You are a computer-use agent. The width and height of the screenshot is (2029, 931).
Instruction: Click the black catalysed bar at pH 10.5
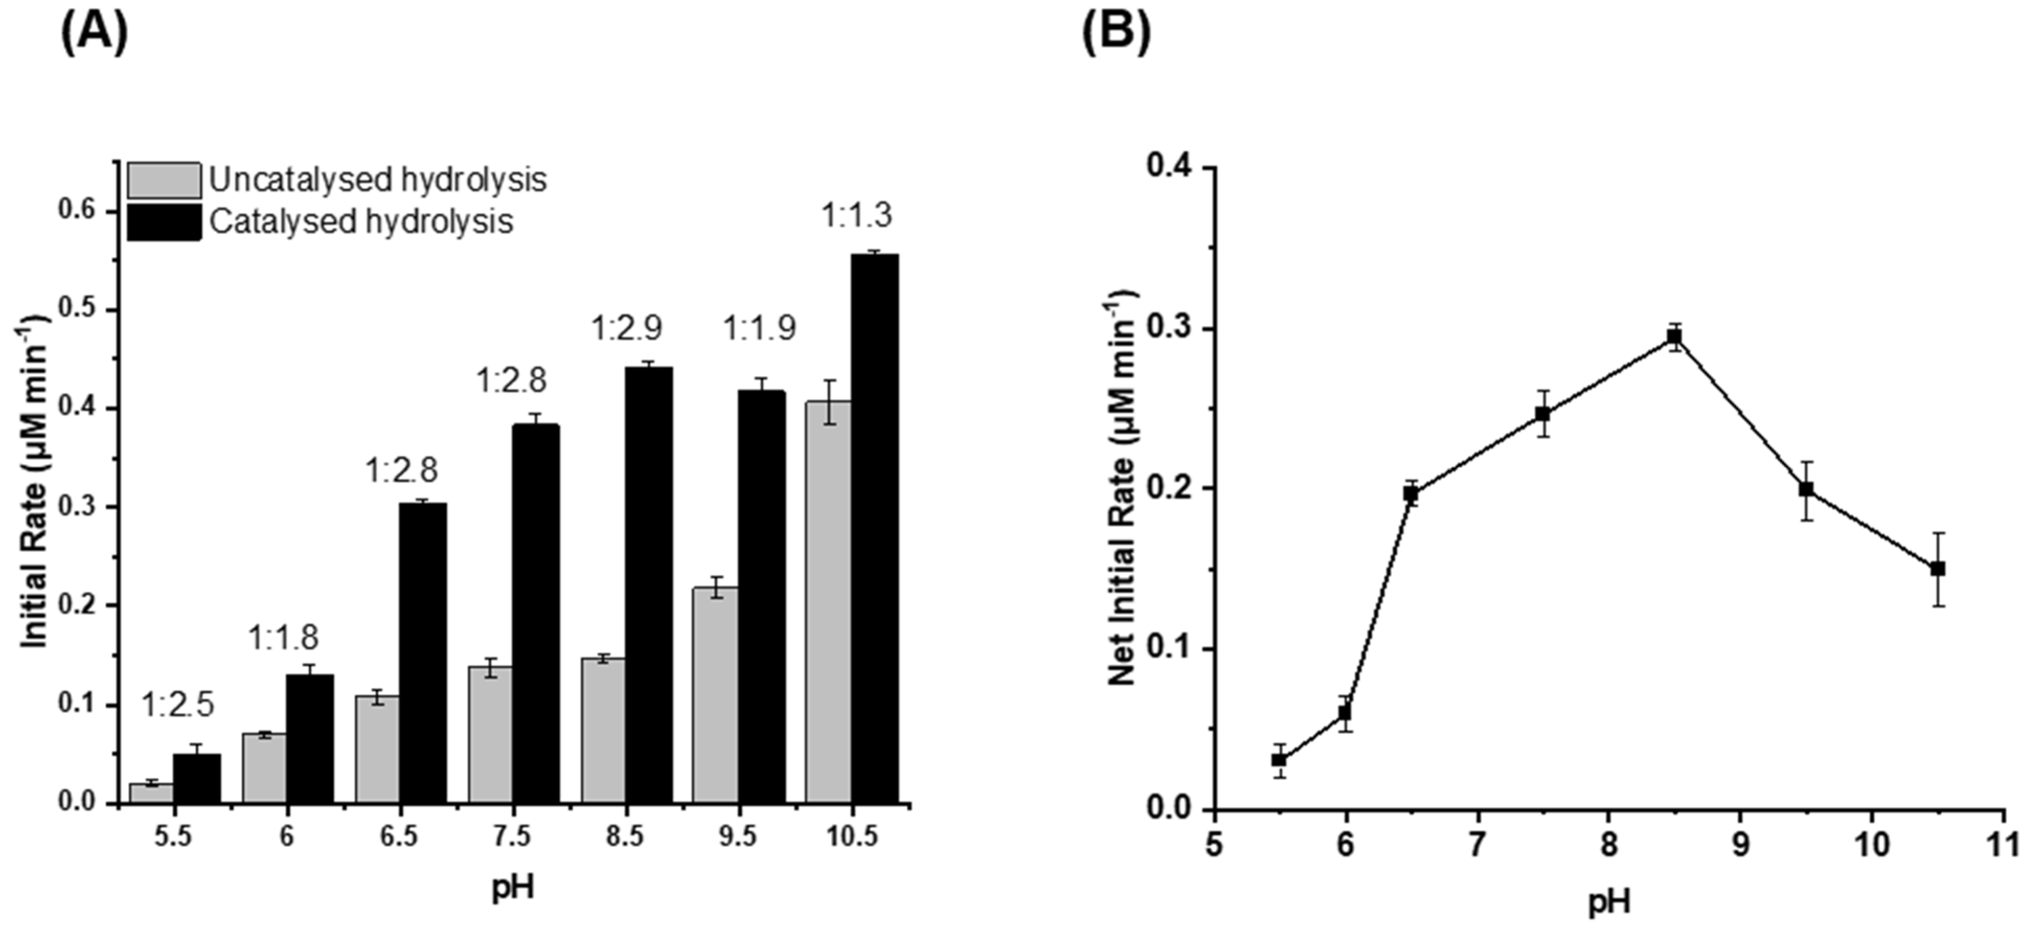874,528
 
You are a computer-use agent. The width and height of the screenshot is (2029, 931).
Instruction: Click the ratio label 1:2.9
627,328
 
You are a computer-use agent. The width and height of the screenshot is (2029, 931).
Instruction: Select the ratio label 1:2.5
177,706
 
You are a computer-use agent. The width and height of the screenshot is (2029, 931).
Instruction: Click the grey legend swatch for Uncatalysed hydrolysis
164,180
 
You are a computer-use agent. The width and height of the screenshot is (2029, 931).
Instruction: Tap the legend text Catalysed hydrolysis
361,221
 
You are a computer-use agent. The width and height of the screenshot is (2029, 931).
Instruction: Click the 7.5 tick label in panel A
512,836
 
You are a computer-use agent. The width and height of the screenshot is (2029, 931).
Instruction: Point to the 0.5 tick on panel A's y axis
76,309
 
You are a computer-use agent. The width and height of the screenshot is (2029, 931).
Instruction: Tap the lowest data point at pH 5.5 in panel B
1279,760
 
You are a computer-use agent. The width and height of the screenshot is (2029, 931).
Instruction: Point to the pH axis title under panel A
513,888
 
